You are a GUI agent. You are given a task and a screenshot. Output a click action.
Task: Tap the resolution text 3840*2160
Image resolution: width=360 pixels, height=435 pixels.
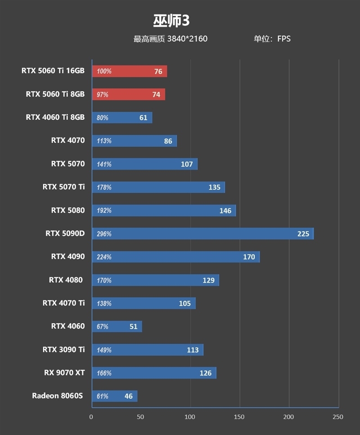[x=187, y=39]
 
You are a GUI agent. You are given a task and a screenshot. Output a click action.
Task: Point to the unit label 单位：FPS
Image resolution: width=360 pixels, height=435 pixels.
[x=272, y=39]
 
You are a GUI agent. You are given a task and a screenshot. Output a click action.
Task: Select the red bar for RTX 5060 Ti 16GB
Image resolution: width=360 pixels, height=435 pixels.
[x=129, y=71]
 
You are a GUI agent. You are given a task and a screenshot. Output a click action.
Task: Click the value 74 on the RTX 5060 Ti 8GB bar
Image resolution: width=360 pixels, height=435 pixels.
[x=156, y=95]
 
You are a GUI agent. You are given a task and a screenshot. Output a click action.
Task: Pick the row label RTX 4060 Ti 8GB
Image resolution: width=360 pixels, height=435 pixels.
[x=55, y=118]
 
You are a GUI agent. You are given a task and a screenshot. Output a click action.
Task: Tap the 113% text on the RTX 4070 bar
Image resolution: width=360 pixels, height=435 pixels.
[x=104, y=141]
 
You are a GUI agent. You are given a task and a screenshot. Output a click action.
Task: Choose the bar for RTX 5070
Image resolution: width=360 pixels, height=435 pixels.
[x=144, y=164]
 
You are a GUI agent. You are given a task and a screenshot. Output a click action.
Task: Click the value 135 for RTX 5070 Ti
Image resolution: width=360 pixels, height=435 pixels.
[x=214, y=187]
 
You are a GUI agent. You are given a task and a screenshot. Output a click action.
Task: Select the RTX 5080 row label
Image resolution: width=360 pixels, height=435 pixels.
[x=67, y=210]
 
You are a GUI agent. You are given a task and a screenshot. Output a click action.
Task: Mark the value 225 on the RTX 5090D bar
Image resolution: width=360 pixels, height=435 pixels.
[x=303, y=234]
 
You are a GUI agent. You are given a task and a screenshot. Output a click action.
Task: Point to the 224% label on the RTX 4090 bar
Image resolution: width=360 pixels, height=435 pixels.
[x=104, y=257]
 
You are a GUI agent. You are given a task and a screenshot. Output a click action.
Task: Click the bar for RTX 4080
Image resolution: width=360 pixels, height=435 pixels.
[x=155, y=280]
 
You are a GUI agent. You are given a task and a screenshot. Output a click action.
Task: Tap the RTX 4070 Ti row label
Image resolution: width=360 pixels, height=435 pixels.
[x=63, y=303]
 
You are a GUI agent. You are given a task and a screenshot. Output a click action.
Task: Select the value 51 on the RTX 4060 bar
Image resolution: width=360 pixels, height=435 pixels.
[x=133, y=326]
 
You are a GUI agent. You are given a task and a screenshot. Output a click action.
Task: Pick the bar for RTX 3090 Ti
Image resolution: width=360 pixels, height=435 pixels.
[x=147, y=350]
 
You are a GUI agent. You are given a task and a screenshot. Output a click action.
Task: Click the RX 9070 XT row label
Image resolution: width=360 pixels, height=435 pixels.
[x=64, y=373]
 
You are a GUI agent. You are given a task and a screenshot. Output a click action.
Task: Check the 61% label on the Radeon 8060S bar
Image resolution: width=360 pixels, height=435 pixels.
[x=103, y=396]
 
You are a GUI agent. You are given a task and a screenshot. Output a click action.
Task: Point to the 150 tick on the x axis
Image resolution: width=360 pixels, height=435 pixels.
[x=239, y=417]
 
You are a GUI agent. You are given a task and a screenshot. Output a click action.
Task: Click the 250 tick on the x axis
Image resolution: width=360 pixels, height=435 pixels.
[x=337, y=417]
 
